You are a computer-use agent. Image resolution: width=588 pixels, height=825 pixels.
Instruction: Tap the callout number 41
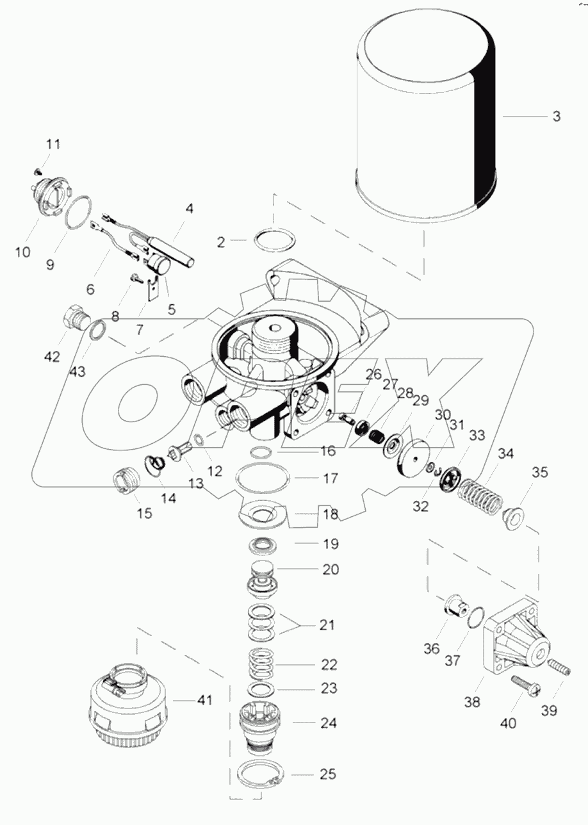pos(204,701)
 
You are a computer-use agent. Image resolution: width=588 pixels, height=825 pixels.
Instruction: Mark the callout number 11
pos(53,144)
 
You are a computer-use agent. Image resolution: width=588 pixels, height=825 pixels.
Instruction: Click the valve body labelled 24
pos(259,721)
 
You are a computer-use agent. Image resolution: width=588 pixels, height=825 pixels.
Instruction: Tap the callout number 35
pos(540,473)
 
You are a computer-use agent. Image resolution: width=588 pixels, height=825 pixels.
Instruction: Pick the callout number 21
pos(327,625)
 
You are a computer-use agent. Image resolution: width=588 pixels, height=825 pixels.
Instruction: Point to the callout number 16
pos(327,451)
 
